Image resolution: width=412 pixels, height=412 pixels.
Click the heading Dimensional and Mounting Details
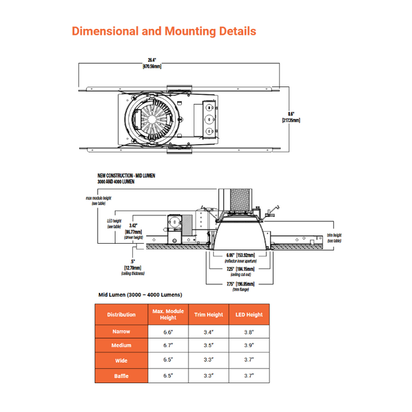coord(164,31)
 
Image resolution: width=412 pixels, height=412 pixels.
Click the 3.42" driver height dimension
coord(135,229)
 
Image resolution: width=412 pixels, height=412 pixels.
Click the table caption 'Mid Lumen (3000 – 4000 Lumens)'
coord(139,294)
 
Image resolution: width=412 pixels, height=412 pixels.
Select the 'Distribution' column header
coord(121,315)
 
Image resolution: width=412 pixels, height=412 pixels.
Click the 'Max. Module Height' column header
coord(168,315)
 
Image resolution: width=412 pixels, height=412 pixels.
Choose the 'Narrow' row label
coord(121,332)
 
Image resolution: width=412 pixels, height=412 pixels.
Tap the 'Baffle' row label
coord(121,376)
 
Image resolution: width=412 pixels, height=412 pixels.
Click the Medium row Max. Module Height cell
coord(168,346)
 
